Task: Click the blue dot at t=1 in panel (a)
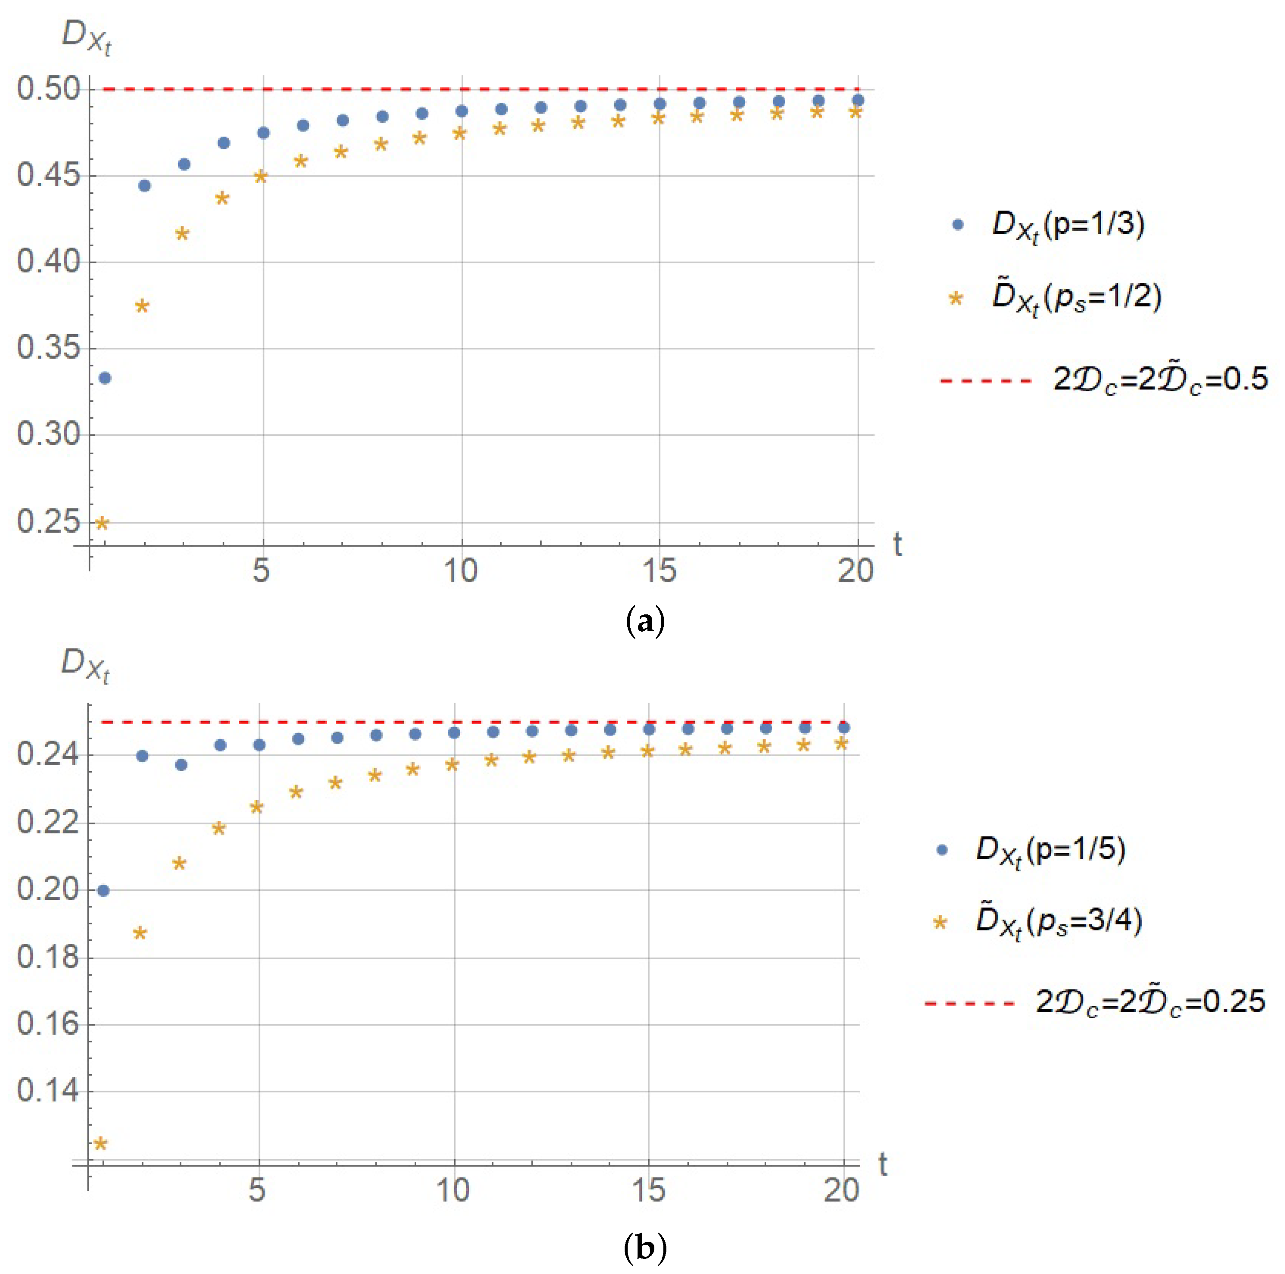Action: [x=105, y=378]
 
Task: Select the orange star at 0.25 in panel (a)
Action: [x=102, y=523]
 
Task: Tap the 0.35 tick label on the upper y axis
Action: [x=48, y=348]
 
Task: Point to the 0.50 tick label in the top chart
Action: [x=48, y=89]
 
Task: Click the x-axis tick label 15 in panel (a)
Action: [x=659, y=571]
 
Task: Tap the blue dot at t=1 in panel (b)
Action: [x=103, y=890]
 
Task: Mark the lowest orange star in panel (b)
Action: [x=100, y=1144]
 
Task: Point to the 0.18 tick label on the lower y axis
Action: [x=48, y=957]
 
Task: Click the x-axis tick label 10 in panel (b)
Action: [x=453, y=1190]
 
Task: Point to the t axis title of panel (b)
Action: [x=882, y=1164]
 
